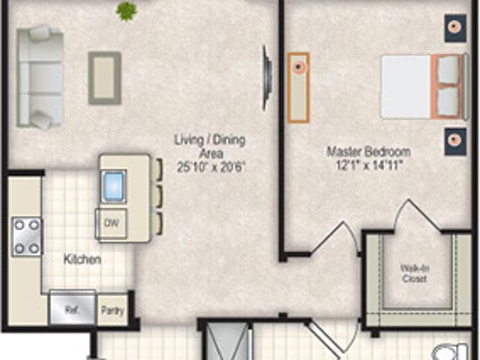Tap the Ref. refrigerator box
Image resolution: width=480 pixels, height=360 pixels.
[x=72, y=307]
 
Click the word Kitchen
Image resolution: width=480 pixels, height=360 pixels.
[x=82, y=259]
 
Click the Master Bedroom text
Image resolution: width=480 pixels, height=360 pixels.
[x=367, y=151]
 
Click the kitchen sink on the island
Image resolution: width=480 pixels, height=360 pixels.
[x=113, y=185]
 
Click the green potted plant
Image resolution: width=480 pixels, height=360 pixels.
[x=126, y=10]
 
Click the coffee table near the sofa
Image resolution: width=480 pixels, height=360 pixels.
[x=104, y=76]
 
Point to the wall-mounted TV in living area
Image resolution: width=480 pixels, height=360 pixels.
[x=265, y=72]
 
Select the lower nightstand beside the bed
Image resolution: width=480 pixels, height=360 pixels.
[x=454, y=141]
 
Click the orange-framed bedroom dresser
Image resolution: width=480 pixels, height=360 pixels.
[x=298, y=86]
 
